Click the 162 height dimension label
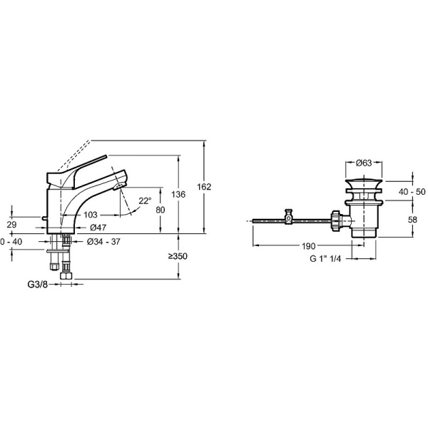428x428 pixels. coord(205,187)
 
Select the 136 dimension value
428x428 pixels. coord(178,195)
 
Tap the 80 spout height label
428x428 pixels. coord(160,210)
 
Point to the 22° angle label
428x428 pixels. coord(145,201)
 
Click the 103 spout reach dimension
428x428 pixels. coord(91,215)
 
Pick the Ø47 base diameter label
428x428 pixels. coord(98,227)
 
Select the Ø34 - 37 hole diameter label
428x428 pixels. coord(103,242)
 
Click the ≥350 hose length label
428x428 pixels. coord(178,256)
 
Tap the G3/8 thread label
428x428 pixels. coord(38,285)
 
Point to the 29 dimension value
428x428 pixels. coord(11,225)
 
